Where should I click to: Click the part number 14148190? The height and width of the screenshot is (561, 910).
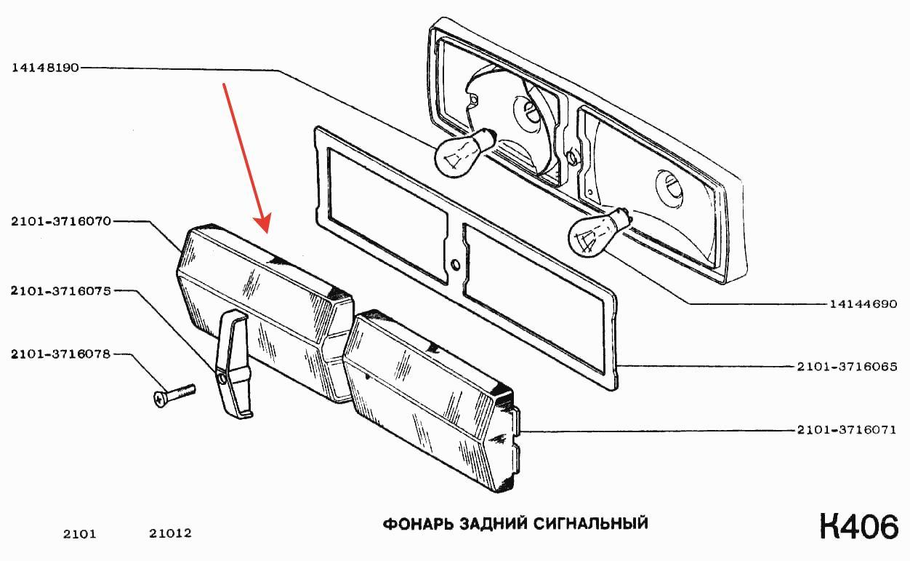pos(45,68)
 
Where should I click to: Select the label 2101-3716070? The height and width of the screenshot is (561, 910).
pos(61,221)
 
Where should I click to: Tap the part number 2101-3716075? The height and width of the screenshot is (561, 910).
pos(61,291)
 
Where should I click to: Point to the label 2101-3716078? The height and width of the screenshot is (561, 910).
pos(61,354)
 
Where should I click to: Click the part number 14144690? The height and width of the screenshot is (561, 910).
pos(863,304)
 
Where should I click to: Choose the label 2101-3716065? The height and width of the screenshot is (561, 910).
pos(847,367)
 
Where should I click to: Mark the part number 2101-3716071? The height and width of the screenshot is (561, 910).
pos(847,429)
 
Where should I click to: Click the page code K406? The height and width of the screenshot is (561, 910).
pos(859,527)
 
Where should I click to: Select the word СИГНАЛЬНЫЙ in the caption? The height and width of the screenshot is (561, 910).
pos(591,524)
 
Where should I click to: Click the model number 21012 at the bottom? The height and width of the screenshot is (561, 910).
pos(170,533)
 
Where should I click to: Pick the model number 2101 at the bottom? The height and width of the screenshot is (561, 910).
pos(80,533)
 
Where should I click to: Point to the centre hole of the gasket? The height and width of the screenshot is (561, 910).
pos(456,265)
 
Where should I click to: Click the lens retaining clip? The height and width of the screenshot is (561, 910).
pos(233,363)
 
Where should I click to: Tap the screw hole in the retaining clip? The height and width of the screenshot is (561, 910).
pos(222,379)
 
